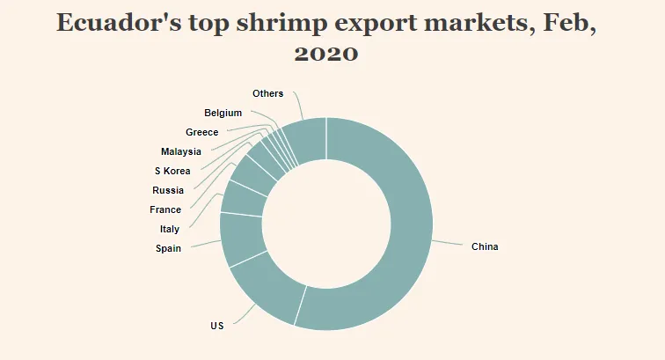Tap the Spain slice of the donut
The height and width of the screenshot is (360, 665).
click(x=240, y=239)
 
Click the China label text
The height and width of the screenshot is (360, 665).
click(x=485, y=246)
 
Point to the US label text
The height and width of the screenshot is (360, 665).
click(x=217, y=326)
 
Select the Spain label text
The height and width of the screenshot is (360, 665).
click(x=168, y=248)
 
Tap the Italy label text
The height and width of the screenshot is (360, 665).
click(x=170, y=229)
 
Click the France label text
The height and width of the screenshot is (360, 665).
click(x=165, y=209)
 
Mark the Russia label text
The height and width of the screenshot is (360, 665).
click(x=168, y=190)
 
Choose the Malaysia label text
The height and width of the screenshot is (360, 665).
click(x=181, y=151)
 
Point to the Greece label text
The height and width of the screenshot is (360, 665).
click(x=201, y=132)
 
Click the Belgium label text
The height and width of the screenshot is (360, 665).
click(x=223, y=113)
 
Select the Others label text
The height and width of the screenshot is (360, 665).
click(x=267, y=93)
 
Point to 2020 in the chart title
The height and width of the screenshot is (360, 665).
click(x=325, y=53)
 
